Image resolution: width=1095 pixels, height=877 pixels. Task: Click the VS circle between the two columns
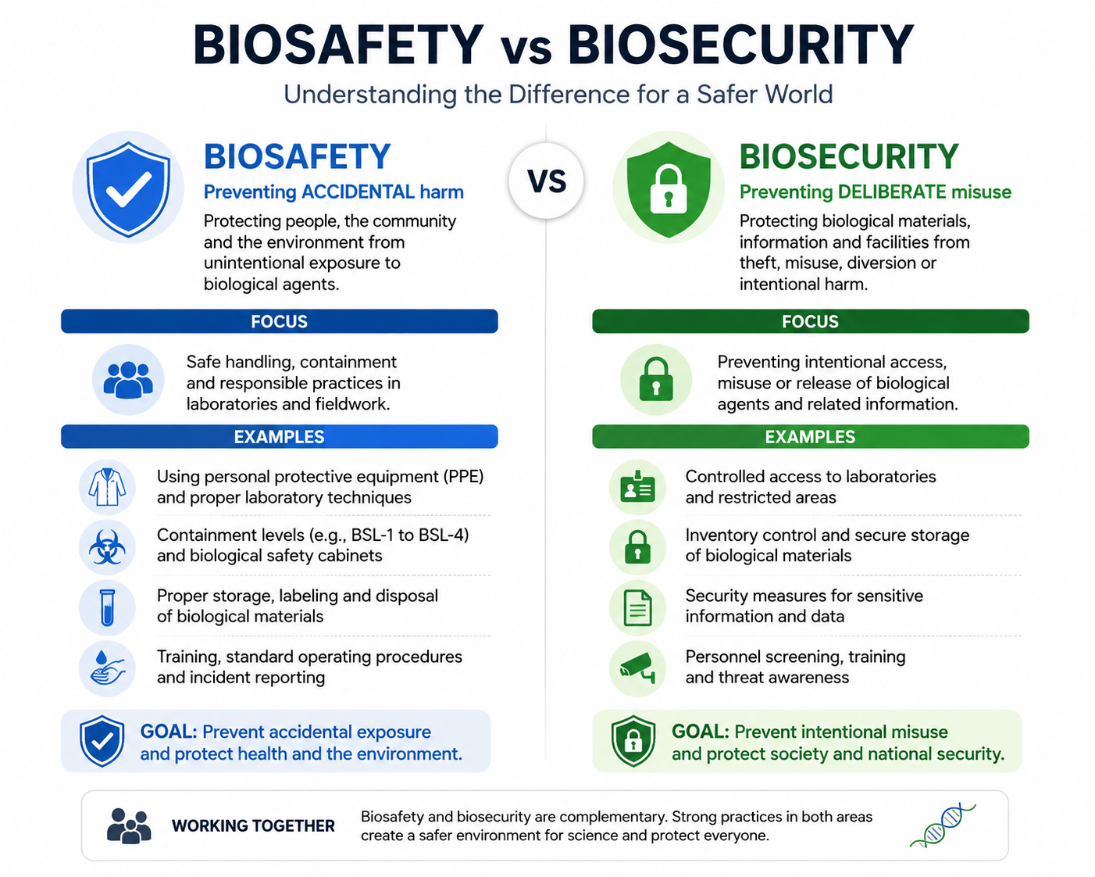546,181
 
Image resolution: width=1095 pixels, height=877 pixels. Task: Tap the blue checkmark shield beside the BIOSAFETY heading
128,189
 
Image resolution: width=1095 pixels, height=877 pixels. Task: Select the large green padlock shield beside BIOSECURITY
668,189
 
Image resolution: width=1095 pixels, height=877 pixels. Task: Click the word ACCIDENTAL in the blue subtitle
358,192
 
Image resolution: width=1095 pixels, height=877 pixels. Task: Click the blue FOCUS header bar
280,321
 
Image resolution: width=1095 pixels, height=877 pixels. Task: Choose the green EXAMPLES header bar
810,436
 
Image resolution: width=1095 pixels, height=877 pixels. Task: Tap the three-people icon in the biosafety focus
128,380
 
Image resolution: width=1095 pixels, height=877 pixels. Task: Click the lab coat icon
107,487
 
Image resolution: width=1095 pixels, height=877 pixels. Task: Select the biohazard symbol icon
107,547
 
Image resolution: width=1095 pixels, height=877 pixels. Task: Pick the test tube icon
107,607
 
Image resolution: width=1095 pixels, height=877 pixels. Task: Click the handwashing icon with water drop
107,668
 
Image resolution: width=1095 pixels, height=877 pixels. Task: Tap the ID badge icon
637,487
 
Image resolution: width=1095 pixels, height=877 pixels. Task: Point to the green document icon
637,607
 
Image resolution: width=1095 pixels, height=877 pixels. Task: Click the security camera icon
637,668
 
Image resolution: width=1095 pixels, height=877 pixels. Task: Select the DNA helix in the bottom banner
943,825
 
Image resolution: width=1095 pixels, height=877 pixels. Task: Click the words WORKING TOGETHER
253,825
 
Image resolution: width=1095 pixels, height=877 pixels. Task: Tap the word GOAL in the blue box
169,732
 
